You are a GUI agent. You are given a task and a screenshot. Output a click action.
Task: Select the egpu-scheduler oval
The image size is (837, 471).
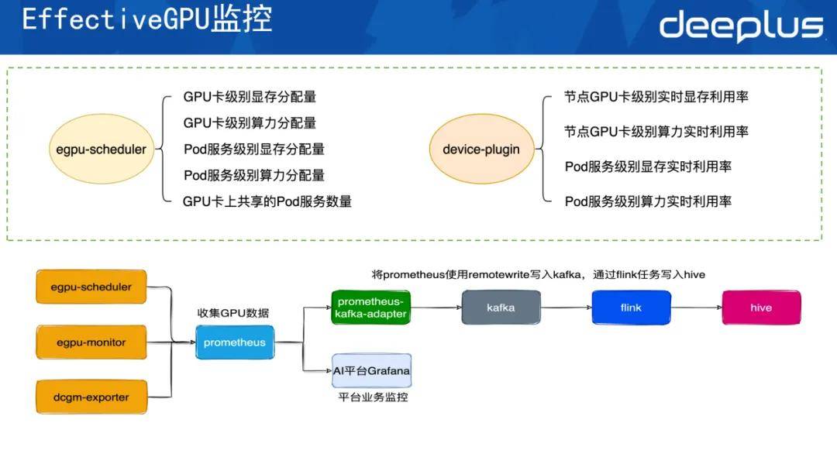pos(102,150)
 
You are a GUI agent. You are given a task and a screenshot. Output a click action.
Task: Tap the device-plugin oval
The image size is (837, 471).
pos(481,150)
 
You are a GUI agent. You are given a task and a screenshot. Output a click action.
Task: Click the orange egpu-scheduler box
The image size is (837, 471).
pos(92,287)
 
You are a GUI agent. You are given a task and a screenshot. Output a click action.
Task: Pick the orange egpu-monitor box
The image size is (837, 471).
pos(92,342)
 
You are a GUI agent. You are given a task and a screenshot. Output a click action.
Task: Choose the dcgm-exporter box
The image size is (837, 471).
pos(92,397)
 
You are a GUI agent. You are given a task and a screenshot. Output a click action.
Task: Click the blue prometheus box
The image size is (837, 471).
pos(235,342)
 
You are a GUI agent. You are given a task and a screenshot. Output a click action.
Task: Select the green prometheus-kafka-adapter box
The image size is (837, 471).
pos(370,308)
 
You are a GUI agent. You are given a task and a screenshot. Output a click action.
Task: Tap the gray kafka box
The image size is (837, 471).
pos(501,308)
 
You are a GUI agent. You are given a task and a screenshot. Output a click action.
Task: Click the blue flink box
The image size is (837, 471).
pos(631,308)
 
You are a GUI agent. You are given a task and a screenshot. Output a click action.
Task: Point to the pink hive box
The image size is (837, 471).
pos(761,308)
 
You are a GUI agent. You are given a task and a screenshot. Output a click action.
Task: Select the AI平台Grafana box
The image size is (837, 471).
pos(370,371)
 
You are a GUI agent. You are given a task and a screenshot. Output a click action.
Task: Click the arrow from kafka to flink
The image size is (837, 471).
pos(565,308)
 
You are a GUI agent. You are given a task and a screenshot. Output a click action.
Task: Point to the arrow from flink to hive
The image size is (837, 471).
pos(695,308)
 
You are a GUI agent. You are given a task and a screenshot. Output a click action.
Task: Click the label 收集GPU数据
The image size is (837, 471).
pos(232,313)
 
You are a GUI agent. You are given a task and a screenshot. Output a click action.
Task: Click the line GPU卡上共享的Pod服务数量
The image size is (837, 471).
pos(267,201)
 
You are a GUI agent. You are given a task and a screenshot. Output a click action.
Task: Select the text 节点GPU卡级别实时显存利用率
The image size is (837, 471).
pos(656,98)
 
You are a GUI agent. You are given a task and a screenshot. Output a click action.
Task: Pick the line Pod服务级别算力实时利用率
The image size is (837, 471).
pos(648,201)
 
